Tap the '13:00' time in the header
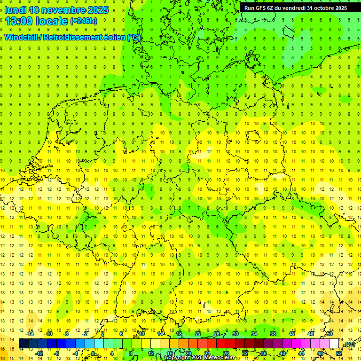[x=19, y=21]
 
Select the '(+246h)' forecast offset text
[x=83, y=21]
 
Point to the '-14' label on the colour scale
[x=31, y=334]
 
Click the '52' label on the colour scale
[x=339, y=353]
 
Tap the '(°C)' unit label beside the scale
[x=349, y=344]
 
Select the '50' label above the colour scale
[x=330, y=334]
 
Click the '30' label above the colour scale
[x=235, y=334]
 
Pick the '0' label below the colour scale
[x=93, y=353]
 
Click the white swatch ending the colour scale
[x=334, y=344]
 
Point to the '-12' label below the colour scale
[x=40, y=353]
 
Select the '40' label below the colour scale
[x=283, y=353]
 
